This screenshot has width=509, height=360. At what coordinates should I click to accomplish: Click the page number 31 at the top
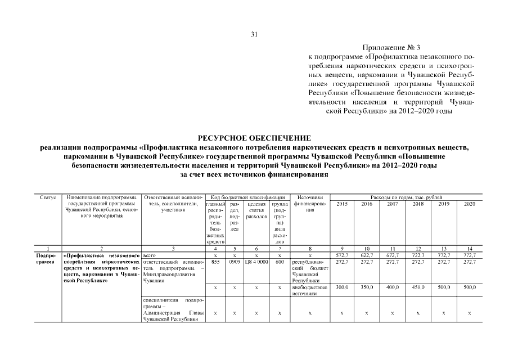(254, 34)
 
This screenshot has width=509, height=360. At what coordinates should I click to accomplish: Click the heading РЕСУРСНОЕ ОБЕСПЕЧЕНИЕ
(254, 138)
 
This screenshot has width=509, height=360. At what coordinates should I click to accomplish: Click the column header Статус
(48, 197)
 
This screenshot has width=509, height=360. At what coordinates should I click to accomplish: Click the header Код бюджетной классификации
(247, 197)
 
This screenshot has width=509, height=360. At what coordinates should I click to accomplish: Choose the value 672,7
(393, 255)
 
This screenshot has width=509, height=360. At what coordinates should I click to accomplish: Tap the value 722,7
(418, 255)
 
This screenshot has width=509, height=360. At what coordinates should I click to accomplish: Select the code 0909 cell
(235, 262)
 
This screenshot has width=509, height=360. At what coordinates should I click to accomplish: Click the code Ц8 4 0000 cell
(256, 262)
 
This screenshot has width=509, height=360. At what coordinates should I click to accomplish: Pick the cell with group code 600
(280, 262)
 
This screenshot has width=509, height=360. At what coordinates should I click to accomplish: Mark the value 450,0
(418, 287)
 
